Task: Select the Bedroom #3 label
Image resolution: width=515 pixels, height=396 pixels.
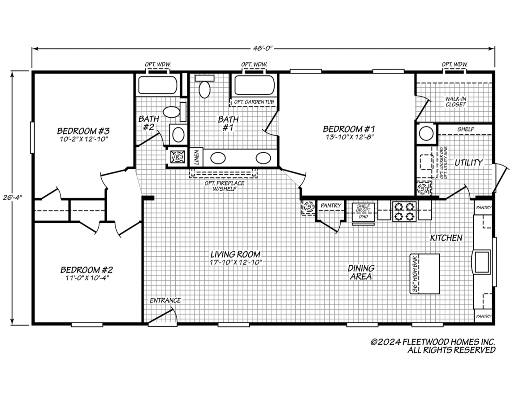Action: click(83, 135)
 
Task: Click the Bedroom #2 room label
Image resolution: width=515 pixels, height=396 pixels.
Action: click(87, 273)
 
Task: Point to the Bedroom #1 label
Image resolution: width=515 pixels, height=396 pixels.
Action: click(349, 132)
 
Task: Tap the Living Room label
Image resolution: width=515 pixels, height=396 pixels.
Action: click(235, 258)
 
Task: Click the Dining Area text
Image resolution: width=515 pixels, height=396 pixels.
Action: click(361, 273)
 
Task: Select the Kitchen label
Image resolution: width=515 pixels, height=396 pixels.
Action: click(446, 238)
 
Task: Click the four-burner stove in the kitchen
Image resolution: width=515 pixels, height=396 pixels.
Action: click(404, 211)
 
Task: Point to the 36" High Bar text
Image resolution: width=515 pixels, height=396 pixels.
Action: click(415, 274)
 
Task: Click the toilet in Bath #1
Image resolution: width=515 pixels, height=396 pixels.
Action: click(205, 87)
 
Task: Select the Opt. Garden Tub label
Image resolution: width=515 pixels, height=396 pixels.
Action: click(254, 102)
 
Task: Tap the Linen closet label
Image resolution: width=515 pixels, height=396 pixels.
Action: click(196, 157)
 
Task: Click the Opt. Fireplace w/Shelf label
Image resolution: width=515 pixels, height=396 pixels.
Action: click(224, 186)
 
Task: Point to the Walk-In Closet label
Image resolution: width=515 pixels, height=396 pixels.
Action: click(455, 101)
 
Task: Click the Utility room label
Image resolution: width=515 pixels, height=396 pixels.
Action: click(469, 162)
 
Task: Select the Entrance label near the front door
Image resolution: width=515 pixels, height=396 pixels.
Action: click(165, 300)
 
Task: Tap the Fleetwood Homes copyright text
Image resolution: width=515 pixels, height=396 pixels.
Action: click(433, 346)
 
